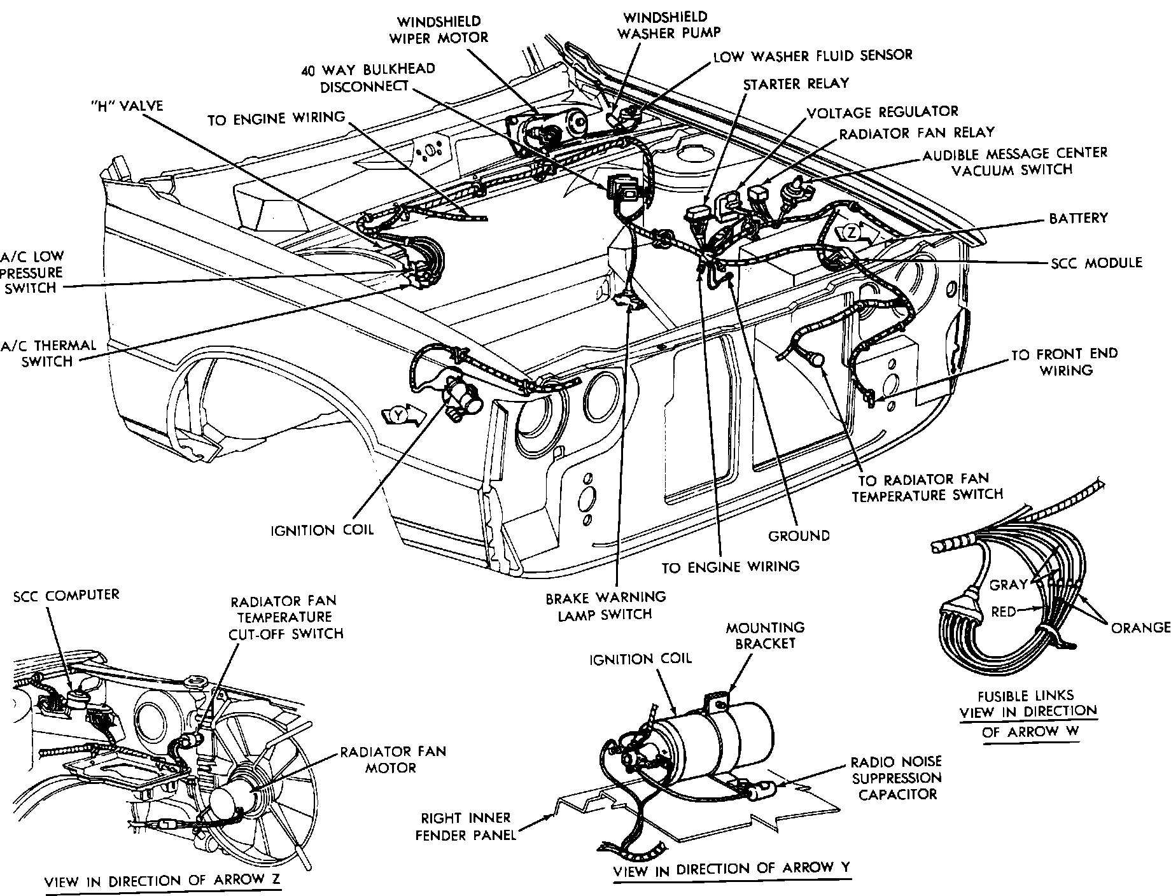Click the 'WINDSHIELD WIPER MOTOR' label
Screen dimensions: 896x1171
click(x=439, y=29)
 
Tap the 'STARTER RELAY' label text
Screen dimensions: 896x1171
click(x=796, y=84)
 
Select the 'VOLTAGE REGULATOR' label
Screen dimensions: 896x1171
click(x=882, y=112)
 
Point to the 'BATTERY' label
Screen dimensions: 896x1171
click(x=1078, y=218)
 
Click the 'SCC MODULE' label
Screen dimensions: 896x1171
click(x=1095, y=262)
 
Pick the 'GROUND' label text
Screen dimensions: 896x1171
click(x=799, y=536)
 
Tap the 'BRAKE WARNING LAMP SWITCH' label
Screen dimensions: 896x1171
click(x=605, y=606)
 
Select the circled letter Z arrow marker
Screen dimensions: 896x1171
click(x=852, y=232)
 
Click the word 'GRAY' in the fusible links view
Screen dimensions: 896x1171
click(x=1008, y=584)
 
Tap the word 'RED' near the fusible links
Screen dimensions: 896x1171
click(x=1003, y=612)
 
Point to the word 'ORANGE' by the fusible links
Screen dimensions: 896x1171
click(x=1140, y=627)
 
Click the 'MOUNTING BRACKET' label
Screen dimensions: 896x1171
click(x=765, y=635)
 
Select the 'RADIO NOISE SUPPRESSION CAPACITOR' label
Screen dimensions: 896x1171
click(x=897, y=778)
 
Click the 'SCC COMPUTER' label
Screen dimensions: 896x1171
click(x=66, y=595)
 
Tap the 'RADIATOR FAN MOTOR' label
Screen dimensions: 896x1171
click(x=393, y=760)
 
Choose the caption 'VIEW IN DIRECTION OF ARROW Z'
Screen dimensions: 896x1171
click(x=162, y=881)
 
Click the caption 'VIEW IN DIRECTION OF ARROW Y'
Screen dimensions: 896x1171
click(x=731, y=868)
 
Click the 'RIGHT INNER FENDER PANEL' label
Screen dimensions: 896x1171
click(x=466, y=826)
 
